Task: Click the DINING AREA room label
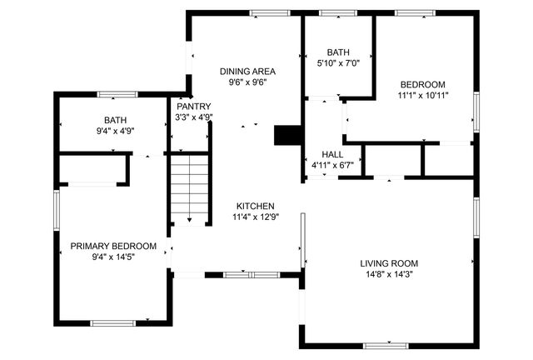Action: coord(247,72)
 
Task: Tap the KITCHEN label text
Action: coord(255,206)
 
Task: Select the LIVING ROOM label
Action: coord(388,263)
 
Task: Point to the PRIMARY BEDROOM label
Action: coord(113,246)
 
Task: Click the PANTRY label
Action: coord(194,107)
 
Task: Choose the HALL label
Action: coord(332,155)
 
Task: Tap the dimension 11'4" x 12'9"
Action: coord(255,217)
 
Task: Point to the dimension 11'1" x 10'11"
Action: coord(422,95)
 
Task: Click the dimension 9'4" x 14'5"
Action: coord(113,257)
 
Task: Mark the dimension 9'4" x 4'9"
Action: coord(115,131)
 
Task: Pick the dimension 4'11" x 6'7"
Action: coord(332,165)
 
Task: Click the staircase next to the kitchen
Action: coord(190,188)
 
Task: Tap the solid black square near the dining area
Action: coord(286,136)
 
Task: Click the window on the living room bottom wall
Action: coord(387,345)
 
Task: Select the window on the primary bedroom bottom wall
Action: coord(112,323)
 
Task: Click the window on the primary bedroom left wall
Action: coord(56,212)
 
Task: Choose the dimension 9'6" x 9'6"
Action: coord(247,82)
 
